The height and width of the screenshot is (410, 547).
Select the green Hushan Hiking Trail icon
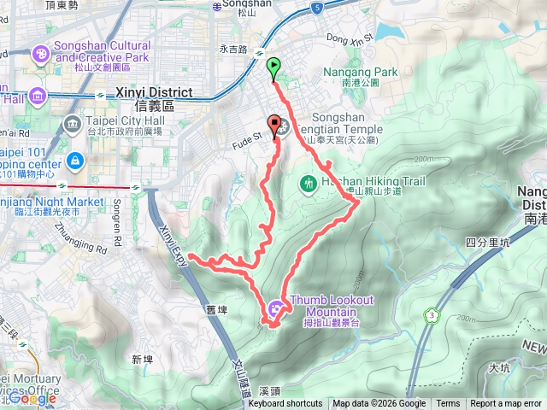click(308, 183)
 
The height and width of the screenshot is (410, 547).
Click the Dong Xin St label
click(350, 39)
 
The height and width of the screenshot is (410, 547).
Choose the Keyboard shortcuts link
click(285, 404)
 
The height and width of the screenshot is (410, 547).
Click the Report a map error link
click(506, 404)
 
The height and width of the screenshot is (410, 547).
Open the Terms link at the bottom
click(448, 404)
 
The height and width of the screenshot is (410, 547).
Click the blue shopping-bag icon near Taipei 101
click(75, 160)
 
